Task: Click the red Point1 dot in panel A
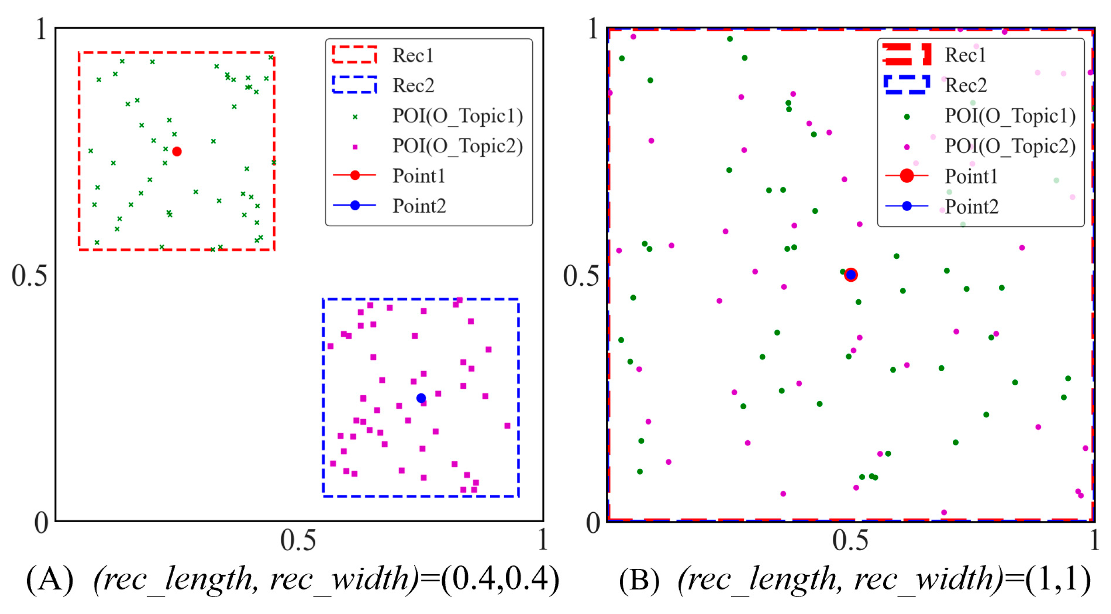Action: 177,151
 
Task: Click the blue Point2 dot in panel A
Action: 421,398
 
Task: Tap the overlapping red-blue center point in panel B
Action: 851,274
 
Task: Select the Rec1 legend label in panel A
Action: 413,56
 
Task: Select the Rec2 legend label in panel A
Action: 413,85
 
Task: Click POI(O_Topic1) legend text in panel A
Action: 457,116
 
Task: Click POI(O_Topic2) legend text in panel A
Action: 457,146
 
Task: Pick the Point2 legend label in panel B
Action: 971,207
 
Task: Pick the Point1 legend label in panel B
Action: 971,176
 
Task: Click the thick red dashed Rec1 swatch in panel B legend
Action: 906,55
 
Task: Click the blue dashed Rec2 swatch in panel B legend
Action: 906,85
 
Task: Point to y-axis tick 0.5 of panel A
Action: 29,275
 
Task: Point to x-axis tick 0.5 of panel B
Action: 850,540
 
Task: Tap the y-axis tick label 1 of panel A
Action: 41,29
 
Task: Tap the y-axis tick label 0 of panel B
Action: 593,523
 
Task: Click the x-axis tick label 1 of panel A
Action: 543,540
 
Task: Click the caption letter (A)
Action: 50,580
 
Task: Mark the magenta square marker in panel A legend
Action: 355,147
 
